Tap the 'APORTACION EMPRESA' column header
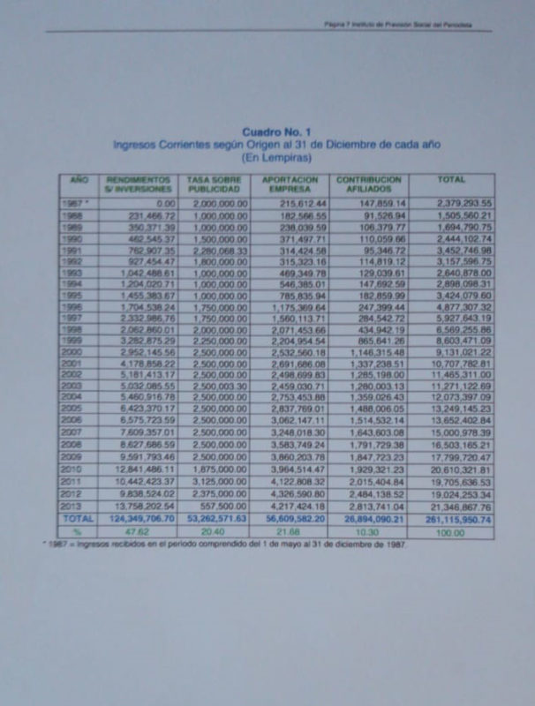point(290,184)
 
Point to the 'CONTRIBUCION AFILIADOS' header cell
point(369,184)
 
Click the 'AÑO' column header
point(79,179)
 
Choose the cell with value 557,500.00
point(224,507)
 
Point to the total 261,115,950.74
point(454,519)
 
